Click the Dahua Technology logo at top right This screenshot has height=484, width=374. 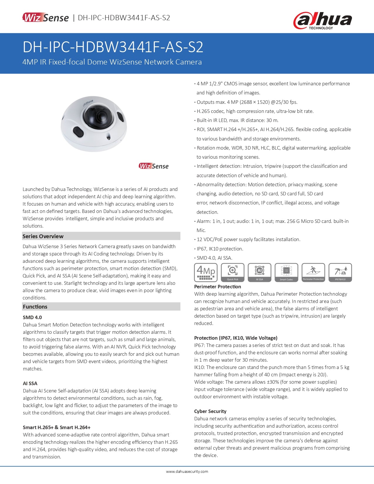pyautogui.click(x=322, y=21)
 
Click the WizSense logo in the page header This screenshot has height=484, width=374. pyautogui.click(x=45, y=18)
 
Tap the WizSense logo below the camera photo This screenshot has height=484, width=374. pyautogui.click(x=154, y=166)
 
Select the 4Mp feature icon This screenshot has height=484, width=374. pyautogui.click(x=206, y=273)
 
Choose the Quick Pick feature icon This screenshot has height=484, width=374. pyautogui.click(x=233, y=273)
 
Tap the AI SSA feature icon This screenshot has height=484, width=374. pyautogui.click(x=259, y=273)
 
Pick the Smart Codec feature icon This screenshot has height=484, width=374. pyautogui.click(x=286, y=273)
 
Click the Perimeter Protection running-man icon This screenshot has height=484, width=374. pyautogui.click(x=313, y=273)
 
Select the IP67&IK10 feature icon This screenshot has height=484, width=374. pyautogui.click(x=340, y=273)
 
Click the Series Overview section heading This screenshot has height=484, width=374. pyautogui.click(x=43, y=236)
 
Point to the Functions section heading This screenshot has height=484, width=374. pyautogui.click(x=35, y=307)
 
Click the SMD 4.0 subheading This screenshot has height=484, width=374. pyautogui.click(x=32, y=317)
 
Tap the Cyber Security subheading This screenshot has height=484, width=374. pyautogui.click(x=210, y=411)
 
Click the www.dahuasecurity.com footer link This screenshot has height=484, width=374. pyautogui.click(x=187, y=472)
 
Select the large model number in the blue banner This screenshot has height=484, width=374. pyautogui.click(x=113, y=47)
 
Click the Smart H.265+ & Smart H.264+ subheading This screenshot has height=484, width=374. pyautogui.click(x=57, y=427)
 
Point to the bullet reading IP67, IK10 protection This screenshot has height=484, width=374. pyautogui.click(x=220, y=249)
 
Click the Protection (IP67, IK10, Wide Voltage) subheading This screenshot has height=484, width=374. pyautogui.click(x=236, y=338)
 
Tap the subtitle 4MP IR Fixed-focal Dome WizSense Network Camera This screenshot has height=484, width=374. pyautogui.click(x=112, y=62)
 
